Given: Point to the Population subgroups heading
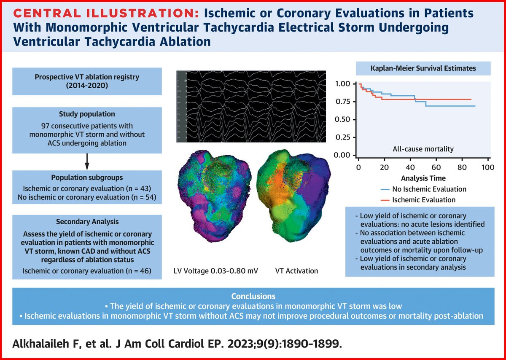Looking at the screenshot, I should (x=86, y=178).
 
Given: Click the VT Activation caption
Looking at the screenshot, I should (x=296, y=270).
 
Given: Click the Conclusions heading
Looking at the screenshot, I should (x=253, y=296).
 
